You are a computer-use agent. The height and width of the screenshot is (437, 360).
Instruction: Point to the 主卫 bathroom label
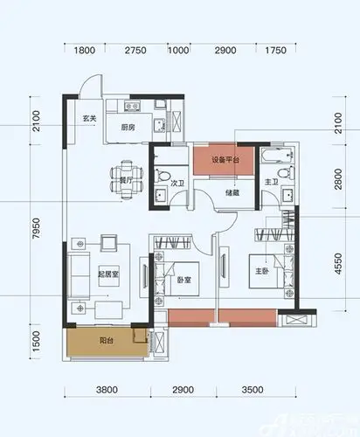270,182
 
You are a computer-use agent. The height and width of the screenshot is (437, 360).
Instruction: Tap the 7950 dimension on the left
36,235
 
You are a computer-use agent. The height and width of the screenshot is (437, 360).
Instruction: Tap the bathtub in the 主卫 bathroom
275,159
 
